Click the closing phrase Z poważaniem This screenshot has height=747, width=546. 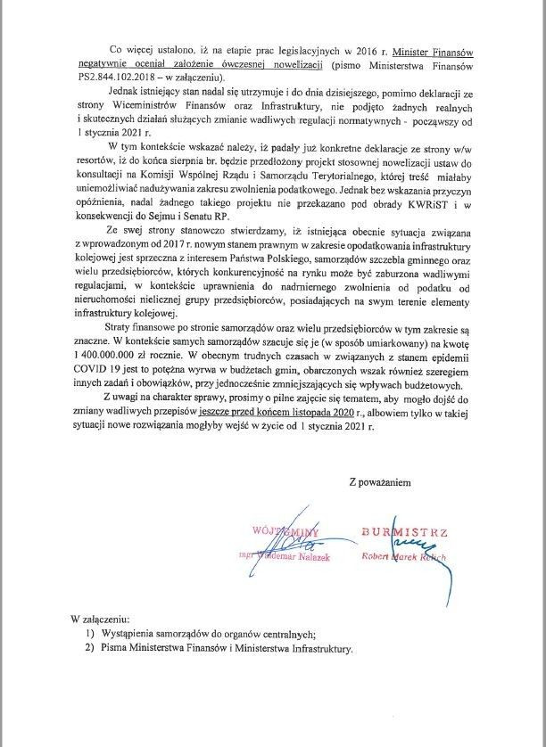click(379, 482)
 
